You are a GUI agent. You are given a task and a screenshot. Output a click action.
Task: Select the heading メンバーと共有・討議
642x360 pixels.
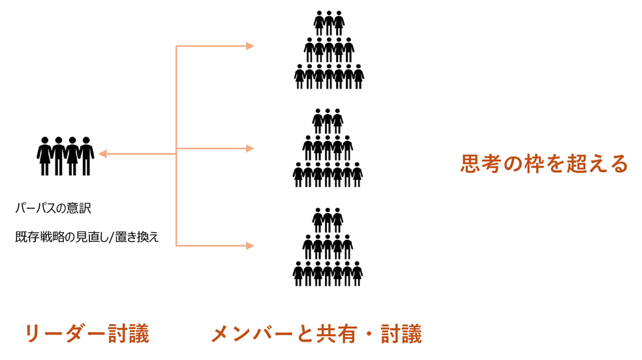pyautogui.click(x=316, y=333)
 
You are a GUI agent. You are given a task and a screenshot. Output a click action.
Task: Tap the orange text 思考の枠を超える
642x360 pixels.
pyautogui.click(x=543, y=163)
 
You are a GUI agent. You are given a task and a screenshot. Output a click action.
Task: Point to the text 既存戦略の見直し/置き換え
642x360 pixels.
pyautogui.click(x=87, y=237)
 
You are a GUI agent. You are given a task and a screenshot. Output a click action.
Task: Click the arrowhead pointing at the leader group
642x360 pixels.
pyautogui.click(x=102, y=154)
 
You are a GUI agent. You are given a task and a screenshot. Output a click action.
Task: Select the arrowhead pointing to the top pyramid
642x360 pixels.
pyautogui.click(x=249, y=46)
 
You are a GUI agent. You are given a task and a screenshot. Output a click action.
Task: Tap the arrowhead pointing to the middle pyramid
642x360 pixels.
pyautogui.click(x=249, y=149)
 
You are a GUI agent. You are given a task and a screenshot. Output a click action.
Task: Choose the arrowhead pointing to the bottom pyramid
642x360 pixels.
pyautogui.click(x=249, y=246)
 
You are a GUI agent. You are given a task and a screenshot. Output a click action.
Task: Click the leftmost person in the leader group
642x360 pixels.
pyautogui.click(x=44, y=156)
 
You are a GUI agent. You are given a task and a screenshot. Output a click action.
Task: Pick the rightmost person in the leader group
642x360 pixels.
pyautogui.click(x=87, y=156)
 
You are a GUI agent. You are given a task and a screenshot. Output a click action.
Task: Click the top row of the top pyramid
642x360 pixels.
pyautogui.click(x=328, y=22)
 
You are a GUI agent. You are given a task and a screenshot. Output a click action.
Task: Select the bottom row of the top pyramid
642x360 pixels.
pyautogui.click(x=328, y=76)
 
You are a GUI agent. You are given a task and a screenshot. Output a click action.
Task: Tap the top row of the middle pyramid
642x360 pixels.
pyautogui.click(x=328, y=121)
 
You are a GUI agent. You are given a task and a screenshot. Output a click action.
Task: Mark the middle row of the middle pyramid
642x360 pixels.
pyautogui.click(x=328, y=147)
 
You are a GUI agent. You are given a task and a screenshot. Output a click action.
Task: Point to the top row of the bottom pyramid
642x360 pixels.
pyautogui.click(x=328, y=220)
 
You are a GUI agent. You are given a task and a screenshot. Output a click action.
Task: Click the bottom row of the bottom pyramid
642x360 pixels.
pyautogui.click(x=328, y=273)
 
